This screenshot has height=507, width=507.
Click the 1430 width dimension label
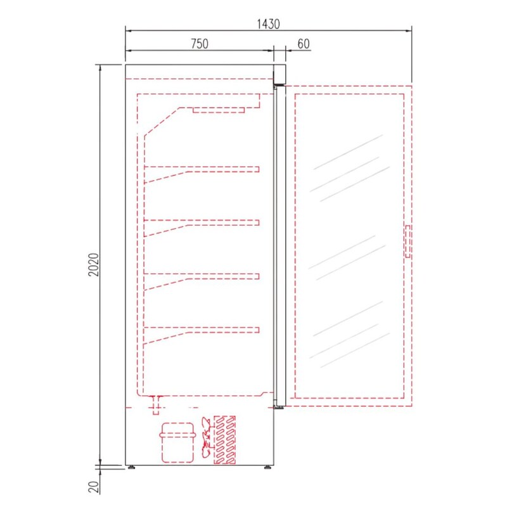point(268,24)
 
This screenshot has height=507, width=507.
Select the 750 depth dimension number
point(200,44)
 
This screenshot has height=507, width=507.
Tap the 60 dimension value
point(304,44)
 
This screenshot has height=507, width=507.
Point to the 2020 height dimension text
point(94,264)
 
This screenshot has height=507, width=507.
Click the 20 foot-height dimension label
point(94,487)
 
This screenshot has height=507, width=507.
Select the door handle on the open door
point(408,241)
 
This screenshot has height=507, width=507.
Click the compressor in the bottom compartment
point(177,442)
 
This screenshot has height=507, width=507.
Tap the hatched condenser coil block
point(225,440)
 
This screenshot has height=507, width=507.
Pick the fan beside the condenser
point(207,437)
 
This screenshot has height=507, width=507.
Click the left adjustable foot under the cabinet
point(131,467)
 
